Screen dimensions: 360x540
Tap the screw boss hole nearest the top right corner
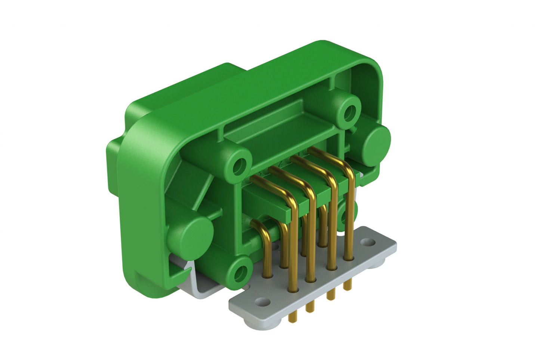350,111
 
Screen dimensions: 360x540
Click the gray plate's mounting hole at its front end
263,301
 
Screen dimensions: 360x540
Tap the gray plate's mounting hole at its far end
368,243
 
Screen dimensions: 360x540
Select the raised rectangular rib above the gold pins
277,123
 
